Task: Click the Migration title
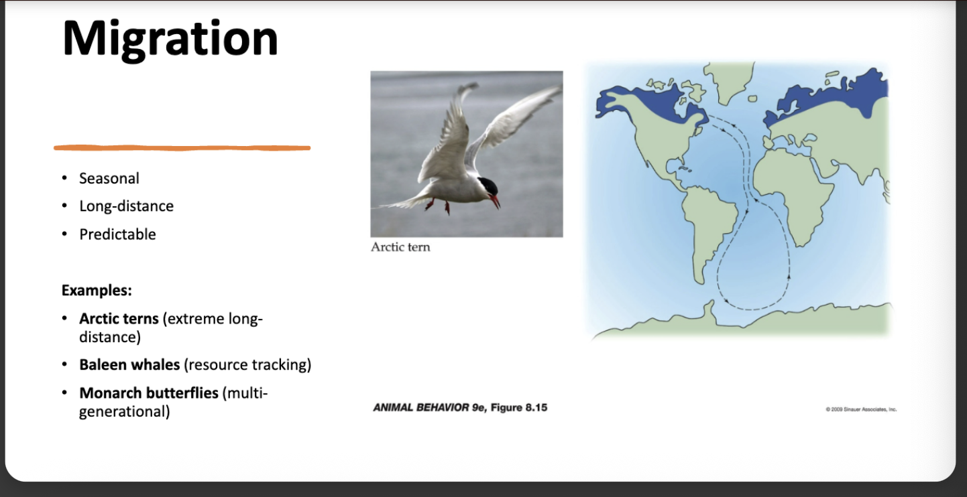pyautogui.click(x=170, y=40)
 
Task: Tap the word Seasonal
pyautogui.click(x=109, y=178)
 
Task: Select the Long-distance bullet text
pyautogui.click(x=127, y=206)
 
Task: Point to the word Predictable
pyautogui.click(x=117, y=234)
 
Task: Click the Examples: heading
pyautogui.click(x=97, y=290)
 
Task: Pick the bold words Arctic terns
pyautogui.click(x=119, y=319)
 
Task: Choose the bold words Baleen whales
pyautogui.click(x=129, y=364)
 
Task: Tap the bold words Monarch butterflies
pyautogui.click(x=149, y=393)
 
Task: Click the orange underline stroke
pyautogui.click(x=182, y=148)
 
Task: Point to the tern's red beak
pyautogui.click(x=495, y=202)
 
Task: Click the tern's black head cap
pyautogui.click(x=488, y=186)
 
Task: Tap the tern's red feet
pyautogui.click(x=438, y=206)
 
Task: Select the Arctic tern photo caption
pyautogui.click(x=400, y=247)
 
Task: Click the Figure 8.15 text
pyautogui.click(x=519, y=407)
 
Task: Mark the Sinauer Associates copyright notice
pyautogui.click(x=861, y=409)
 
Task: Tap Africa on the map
pyautogui.click(x=792, y=194)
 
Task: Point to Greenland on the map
pyautogui.click(x=729, y=80)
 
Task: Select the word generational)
pyautogui.click(x=124, y=412)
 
